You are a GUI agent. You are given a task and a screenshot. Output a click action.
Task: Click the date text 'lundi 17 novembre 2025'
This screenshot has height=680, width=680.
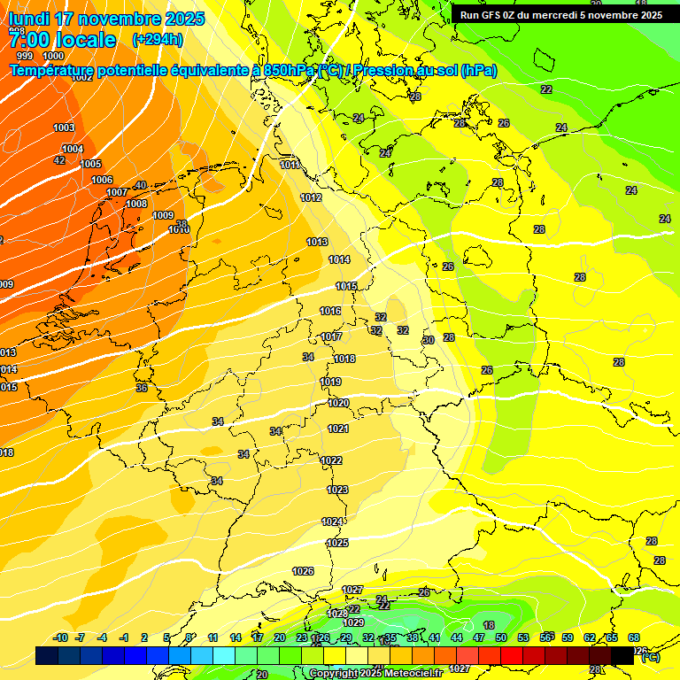click(106, 19)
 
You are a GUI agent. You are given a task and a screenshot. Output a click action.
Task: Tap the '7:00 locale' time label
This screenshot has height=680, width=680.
click(62, 40)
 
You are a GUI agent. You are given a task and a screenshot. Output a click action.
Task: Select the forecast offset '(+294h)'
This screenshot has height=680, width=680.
click(158, 40)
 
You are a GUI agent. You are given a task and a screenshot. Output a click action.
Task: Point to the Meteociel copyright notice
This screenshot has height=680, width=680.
click(375, 674)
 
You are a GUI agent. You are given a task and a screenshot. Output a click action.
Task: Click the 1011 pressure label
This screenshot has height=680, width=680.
click(290, 165)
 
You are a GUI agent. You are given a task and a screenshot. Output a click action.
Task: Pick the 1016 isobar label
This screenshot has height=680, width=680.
click(330, 311)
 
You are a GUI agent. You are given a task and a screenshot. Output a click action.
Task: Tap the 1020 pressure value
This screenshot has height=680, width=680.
click(337, 403)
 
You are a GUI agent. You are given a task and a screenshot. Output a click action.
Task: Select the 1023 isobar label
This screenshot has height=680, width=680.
click(337, 490)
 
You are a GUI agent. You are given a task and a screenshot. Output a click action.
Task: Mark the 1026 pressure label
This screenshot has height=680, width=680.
click(303, 571)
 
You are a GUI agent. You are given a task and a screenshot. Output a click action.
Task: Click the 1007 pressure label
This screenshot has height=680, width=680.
click(117, 192)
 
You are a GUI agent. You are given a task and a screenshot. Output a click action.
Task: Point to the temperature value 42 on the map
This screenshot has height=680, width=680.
click(59, 160)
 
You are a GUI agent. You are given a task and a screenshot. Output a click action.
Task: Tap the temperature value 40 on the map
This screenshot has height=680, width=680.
click(140, 185)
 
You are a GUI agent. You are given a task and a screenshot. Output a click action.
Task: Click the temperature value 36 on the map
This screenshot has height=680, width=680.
click(142, 388)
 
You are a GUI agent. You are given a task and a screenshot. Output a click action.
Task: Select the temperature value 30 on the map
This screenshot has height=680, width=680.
click(429, 340)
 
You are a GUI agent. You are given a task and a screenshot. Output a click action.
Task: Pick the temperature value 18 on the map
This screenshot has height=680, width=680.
click(488, 625)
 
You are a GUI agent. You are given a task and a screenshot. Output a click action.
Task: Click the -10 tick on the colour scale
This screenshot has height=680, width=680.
click(61, 637)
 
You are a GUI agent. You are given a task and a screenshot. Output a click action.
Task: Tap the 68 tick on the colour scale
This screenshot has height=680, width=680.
click(634, 637)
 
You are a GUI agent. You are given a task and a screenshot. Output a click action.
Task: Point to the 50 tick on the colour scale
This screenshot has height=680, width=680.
click(501, 637)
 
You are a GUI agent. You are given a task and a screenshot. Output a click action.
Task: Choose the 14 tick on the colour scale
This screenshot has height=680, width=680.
click(236, 637)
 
